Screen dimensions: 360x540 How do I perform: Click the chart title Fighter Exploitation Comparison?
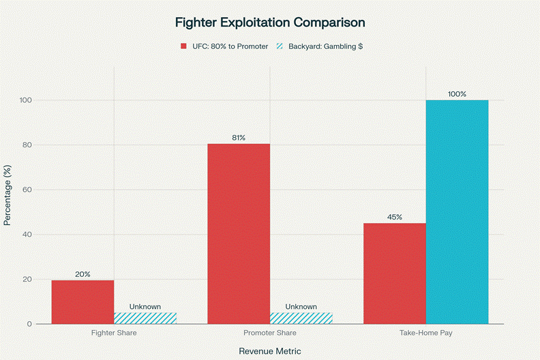pyautogui.click(x=270, y=22)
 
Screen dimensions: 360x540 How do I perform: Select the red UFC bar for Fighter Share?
pyautogui.click(x=82, y=302)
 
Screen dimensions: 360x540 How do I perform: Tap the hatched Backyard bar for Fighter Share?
pyautogui.click(x=145, y=318)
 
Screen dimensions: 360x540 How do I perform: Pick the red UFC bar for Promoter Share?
pyautogui.click(x=239, y=234)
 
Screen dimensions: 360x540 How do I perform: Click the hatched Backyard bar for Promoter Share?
pyautogui.click(x=301, y=318)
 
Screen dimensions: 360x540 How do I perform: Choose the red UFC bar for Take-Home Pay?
pyautogui.click(x=395, y=273)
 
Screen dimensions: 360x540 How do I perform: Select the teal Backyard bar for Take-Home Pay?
pyautogui.click(x=457, y=212)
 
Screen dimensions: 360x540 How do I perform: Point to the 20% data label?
pyautogui.click(x=82, y=274)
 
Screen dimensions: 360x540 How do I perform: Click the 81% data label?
pyautogui.click(x=239, y=138)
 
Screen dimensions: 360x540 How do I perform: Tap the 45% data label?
pyautogui.click(x=395, y=217)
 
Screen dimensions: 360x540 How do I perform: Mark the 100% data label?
pyautogui.click(x=457, y=94)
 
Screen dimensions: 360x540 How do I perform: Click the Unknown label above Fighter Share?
pyautogui.click(x=145, y=307)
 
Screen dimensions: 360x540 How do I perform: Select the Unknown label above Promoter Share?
pyautogui.click(x=301, y=307)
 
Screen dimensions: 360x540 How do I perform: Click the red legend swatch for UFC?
pyautogui.click(x=183, y=46)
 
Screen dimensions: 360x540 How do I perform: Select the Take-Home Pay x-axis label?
pyautogui.click(x=426, y=334)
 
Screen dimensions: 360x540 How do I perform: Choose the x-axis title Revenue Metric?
pyautogui.click(x=270, y=350)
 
